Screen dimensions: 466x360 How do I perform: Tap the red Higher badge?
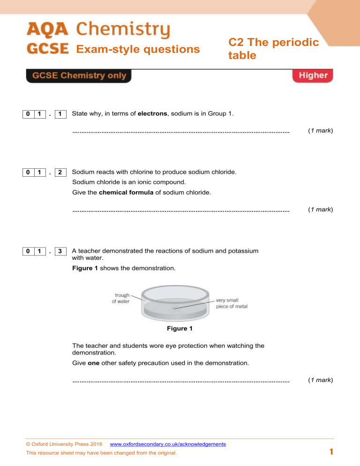313,76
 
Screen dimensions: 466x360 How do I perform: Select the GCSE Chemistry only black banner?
79,76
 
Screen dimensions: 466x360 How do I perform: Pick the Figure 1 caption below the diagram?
180,329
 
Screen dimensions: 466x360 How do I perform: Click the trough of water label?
120,298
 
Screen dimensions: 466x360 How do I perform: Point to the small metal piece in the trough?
174,308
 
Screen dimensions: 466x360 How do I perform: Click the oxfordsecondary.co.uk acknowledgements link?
167,443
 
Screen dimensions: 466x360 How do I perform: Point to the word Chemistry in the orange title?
123,31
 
